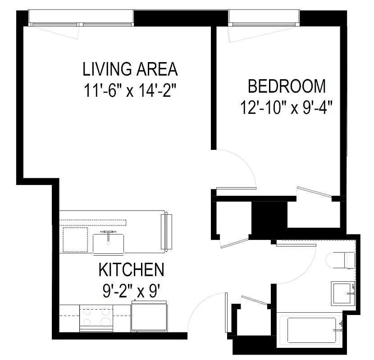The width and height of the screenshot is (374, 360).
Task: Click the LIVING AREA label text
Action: [x=130, y=70]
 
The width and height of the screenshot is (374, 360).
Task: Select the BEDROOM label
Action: [x=287, y=85]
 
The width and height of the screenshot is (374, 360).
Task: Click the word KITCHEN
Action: [x=131, y=270]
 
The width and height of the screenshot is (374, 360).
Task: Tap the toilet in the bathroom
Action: [x=341, y=259]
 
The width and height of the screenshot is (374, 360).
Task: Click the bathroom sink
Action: [x=343, y=293]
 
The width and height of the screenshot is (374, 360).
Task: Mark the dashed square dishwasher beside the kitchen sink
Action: [x=75, y=239]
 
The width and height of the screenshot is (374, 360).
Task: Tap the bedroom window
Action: [x=264, y=18]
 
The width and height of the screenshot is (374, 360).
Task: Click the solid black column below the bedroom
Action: [x=269, y=217]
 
